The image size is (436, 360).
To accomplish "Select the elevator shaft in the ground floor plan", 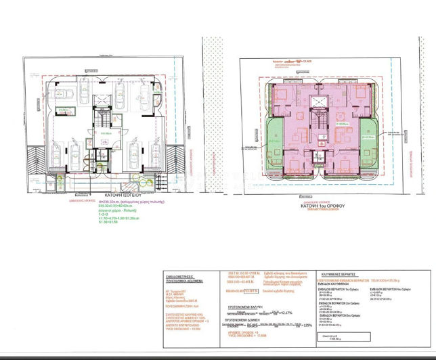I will (102, 102).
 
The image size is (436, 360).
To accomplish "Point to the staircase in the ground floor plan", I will (102, 121).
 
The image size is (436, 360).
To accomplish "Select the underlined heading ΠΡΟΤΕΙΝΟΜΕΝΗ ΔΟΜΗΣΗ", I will (245, 323).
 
